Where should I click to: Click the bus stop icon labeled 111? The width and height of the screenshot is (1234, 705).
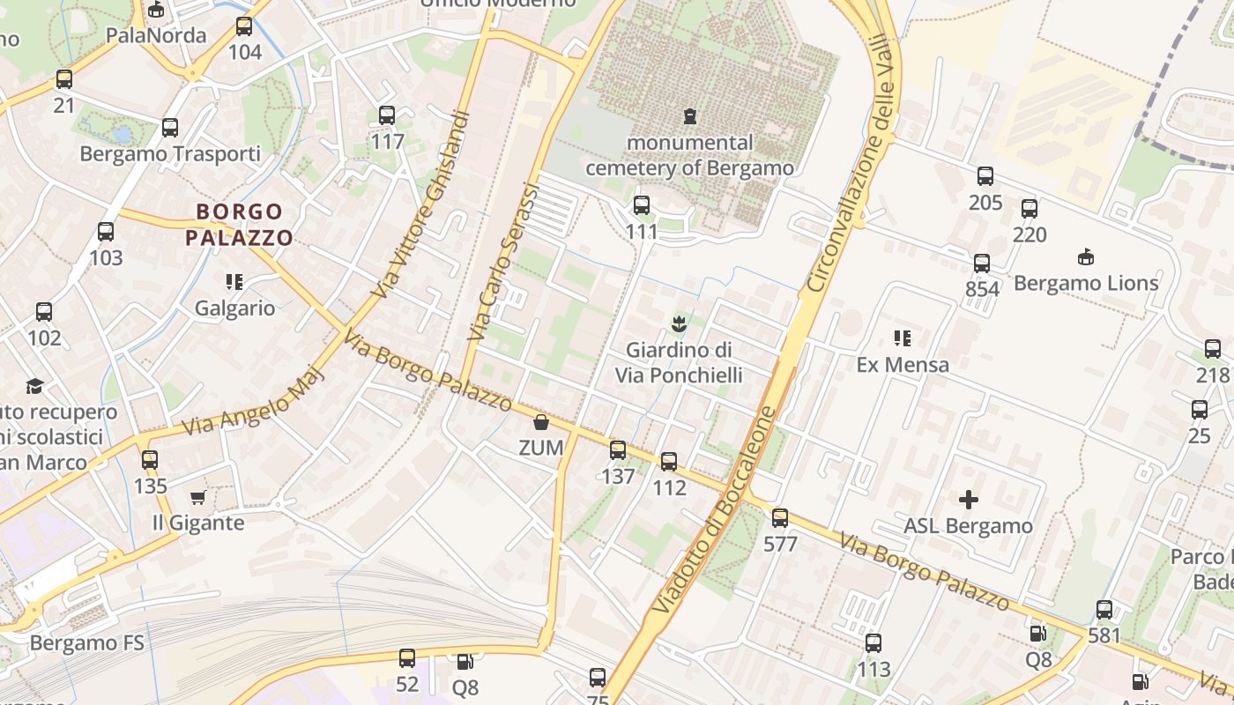click(x=642, y=205)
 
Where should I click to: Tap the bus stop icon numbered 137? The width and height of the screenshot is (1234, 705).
click(x=618, y=450)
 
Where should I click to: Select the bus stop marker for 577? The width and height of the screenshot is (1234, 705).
click(x=780, y=518)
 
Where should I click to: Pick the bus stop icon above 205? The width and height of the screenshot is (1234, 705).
click(x=985, y=176)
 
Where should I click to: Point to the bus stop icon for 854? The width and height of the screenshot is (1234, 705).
click(x=982, y=263)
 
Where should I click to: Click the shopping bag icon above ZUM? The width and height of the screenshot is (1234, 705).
click(x=541, y=422)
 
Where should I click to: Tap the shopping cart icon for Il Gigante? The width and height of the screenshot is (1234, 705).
click(x=198, y=497)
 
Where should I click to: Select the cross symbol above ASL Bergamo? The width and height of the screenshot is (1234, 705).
click(x=969, y=501)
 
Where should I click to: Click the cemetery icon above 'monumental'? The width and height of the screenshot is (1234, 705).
click(x=689, y=115)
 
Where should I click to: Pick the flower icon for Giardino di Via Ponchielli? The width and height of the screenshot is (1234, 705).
click(x=679, y=324)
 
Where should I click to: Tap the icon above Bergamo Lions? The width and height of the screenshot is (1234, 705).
click(x=1086, y=257)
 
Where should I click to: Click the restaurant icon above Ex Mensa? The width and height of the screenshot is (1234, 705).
click(x=902, y=338)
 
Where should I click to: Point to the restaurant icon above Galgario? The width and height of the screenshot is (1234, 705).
click(x=234, y=282)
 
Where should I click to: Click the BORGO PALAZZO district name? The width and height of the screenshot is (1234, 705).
click(x=239, y=225)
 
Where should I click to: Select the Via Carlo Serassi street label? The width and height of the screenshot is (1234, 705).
click(x=502, y=262)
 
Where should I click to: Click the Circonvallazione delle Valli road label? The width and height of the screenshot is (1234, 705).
click(x=853, y=166)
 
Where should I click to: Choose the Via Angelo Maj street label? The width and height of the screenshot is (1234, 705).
click(x=254, y=402)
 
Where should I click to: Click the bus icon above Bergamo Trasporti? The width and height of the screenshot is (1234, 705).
click(x=170, y=128)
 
